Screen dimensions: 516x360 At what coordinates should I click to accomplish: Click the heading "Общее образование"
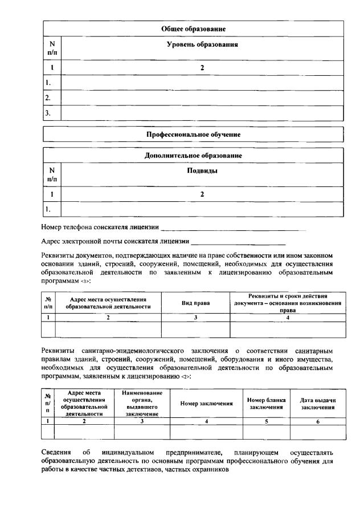tap(193, 29)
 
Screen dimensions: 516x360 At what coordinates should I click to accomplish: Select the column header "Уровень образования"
tap(202, 44)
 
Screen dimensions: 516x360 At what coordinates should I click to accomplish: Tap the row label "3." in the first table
tap(48, 113)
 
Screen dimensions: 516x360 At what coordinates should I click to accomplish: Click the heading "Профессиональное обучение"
tap(193, 135)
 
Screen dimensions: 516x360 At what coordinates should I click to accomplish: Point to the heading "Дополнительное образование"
tap(193, 155)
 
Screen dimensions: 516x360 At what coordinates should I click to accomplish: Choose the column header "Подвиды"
tap(202, 170)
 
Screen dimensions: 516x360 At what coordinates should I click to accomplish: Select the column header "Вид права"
tap(195, 303)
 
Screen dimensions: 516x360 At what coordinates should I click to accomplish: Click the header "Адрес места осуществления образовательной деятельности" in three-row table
tap(108, 303)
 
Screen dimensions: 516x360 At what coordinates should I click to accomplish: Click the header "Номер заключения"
tap(206, 404)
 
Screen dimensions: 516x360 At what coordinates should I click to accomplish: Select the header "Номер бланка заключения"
tap(266, 404)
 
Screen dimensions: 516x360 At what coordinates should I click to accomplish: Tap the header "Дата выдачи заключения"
tap(318, 404)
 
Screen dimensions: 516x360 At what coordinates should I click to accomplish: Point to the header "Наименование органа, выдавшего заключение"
tap(142, 404)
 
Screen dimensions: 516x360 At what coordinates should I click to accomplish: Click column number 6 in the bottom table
tap(318, 421)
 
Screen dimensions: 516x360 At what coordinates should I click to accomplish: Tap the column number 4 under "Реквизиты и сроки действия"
tap(287, 317)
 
